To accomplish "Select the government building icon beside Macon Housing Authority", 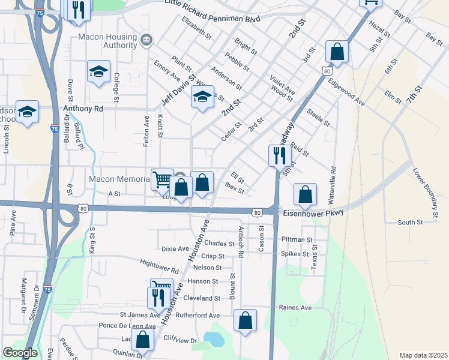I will [x=146, y=40].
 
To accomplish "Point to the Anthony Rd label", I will [x=83, y=109].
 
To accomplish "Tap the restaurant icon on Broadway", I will [x=280, y=156].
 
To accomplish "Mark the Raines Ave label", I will [x=295, y=308].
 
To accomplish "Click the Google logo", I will [x=20, y=353].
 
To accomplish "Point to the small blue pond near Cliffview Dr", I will [x=214, y=339].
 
